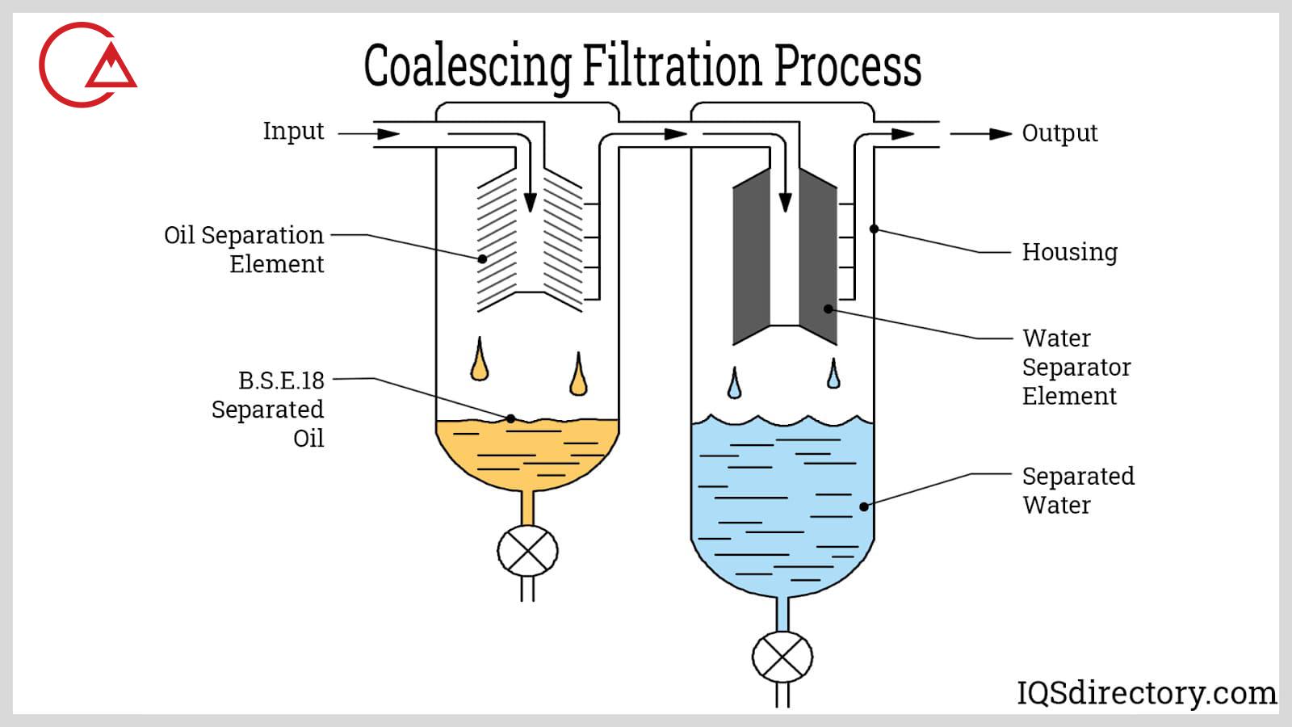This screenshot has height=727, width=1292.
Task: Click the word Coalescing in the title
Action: coord(468,66)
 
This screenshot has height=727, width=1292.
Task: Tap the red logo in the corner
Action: coord(85,65)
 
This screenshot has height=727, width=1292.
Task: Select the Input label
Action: coord(293,131)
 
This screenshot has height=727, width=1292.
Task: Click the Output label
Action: coord(1059,133)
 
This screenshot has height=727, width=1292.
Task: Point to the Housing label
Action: coord(1069,252)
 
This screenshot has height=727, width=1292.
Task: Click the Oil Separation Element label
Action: coord(244,249)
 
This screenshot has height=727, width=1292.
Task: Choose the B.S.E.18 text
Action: coord(281,380)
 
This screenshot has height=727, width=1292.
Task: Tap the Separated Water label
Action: coord(1077,490)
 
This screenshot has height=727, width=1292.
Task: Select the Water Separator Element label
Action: coord(1076,367)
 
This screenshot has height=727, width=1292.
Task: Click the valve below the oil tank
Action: coord(527,551)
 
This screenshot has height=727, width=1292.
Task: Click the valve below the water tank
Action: coord(782,657)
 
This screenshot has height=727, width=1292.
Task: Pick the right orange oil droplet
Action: coord(578,375)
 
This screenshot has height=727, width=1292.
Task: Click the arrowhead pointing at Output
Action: coord(1000,134)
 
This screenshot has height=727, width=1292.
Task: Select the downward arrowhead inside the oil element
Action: coord(530,202)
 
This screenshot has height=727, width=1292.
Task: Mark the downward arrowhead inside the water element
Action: coord(785,202)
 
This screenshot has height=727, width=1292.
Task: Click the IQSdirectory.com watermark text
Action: coord(1146,693)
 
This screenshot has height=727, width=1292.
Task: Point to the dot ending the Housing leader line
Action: coord(874,229)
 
